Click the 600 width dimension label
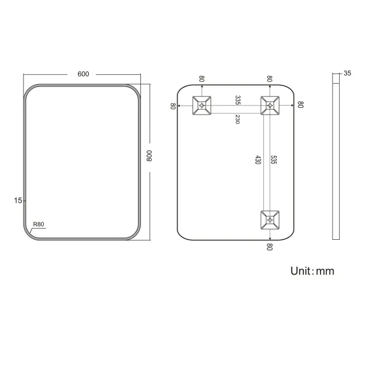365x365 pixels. pyautogui.click(x=83, y=74)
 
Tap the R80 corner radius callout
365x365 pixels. pyautogui.click(x=38, y=225)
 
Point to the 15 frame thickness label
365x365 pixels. pyautogui.click(x=19, y=200)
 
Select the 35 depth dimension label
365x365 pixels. pyautogui.click(x=347, y=74)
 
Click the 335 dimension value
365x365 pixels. pyautogui.click(x=238, y=100)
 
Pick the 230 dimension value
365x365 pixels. pyautogui.click(x=238, y=119)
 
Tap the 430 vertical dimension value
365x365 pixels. pyautogui.click(x=258, y=161)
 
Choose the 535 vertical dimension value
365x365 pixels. pyautogui.click(x=273, y=161)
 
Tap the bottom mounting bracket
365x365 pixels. pyautogui.click(x=270, y=219)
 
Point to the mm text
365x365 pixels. pyautogui.click(x=326, y=272)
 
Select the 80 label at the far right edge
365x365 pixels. pyautogui.click(x=301, y=105)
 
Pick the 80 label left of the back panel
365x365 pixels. pyautogui.click(x=173, y=106)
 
